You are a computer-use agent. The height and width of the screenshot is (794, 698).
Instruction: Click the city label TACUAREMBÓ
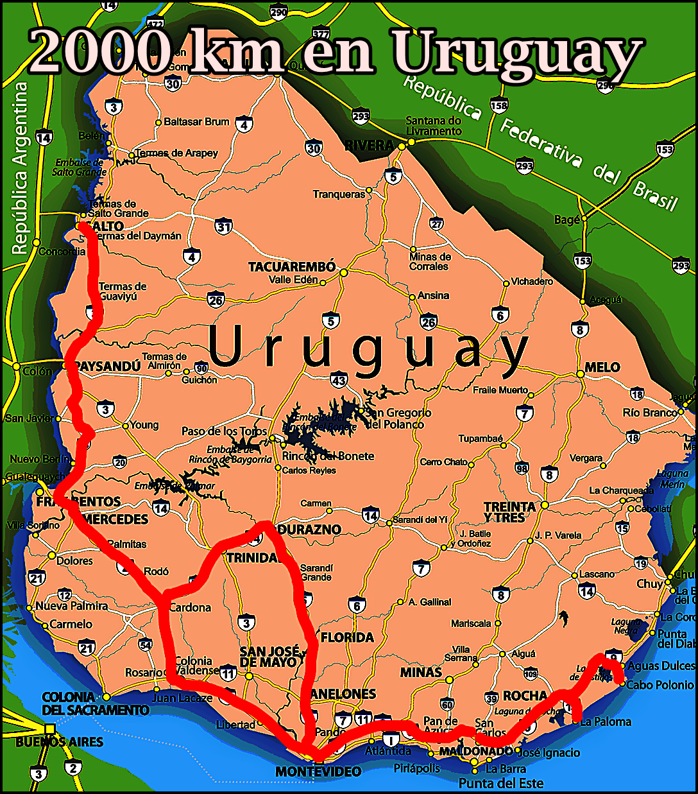[292, 266]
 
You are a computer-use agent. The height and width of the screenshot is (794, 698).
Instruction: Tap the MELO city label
[602, 367]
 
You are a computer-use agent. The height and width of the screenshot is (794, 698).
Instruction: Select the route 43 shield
[339, 380]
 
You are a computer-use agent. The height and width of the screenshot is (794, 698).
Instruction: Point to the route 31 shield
[223, 227]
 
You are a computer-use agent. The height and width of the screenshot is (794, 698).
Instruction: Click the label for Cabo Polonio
[660, 685]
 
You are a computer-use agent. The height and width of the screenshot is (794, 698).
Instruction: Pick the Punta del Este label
[501, 783]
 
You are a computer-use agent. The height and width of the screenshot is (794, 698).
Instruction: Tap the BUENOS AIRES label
[59, 742]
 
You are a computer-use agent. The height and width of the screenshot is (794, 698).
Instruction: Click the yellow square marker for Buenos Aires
[50, 729]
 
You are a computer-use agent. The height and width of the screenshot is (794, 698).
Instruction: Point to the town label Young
[144, 425]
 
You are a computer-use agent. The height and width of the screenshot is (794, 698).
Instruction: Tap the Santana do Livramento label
[434, 126]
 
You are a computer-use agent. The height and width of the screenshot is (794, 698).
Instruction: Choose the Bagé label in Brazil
[567, 220]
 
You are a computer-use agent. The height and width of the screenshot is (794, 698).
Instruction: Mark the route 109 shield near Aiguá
[531, 674]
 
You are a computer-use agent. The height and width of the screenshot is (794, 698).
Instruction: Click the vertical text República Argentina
[21, 168]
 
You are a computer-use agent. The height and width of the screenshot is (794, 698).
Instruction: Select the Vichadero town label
[532, 281]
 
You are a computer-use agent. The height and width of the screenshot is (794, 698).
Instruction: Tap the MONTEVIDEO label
[318, 772]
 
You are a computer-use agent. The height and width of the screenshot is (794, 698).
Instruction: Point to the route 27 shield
[437, 224]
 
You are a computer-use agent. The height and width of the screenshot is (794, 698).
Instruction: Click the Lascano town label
[597, 574]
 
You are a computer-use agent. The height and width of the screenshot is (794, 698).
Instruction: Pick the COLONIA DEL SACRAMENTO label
[95, 703]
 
